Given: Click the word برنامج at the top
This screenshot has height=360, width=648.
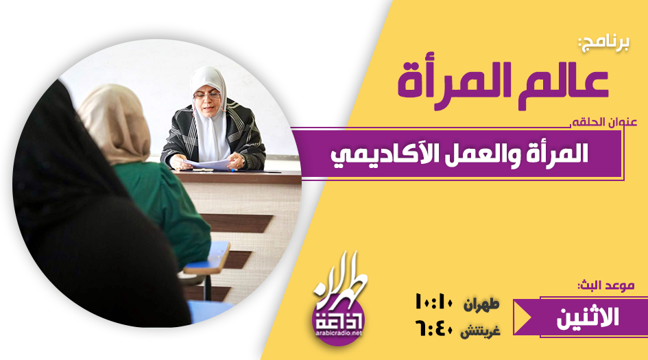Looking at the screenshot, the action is coord(604,44).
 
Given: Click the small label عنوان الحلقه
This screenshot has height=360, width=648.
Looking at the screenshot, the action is coord(604,122).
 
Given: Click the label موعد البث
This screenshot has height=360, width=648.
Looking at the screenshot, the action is coord(606,285).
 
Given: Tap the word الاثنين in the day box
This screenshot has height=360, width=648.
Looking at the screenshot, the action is coord(588,317).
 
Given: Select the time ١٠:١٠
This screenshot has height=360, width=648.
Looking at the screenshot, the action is coord(433,302).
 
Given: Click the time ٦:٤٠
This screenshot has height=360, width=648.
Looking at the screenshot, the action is coord(433,329).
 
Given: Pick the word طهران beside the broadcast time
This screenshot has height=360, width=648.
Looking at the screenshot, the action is coord(481,304).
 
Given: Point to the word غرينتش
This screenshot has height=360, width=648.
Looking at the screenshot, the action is coord(480,331).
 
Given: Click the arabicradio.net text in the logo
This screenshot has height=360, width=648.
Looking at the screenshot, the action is coord(339,333).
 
